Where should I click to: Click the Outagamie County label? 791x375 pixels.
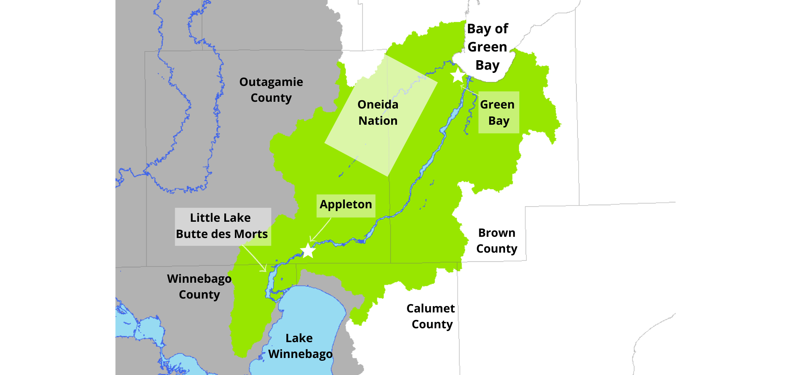271,90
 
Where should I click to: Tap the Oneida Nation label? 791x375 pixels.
378,112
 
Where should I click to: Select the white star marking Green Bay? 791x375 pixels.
458,75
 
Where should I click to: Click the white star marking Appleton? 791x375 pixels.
308,251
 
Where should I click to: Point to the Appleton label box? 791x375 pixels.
346,205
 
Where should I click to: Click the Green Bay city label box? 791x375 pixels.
498,112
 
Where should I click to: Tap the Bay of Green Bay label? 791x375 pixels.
487,47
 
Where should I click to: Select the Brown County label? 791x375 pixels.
497,240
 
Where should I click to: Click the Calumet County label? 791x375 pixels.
431,316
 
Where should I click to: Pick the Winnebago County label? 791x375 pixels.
199,286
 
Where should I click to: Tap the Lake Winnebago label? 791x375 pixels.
300,346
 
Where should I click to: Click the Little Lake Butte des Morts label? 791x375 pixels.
223,227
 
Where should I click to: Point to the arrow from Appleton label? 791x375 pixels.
321,230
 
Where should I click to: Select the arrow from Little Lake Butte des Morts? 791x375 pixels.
254,259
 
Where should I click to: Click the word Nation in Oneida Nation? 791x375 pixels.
378,121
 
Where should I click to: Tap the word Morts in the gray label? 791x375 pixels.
251,234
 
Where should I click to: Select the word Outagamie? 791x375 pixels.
271,82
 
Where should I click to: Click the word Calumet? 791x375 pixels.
430,308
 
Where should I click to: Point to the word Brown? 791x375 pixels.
497,233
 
